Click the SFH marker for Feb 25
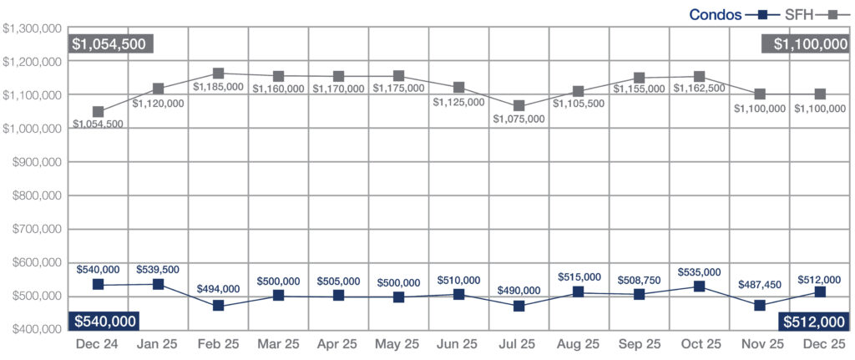pos(218,74)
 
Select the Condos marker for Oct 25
pos(699,286)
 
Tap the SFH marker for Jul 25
pos(519,106)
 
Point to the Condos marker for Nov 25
pos(759,306)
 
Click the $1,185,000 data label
pos(218,86)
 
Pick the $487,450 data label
pos(759,285)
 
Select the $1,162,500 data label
pos(699,88)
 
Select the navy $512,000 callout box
pos(813,322)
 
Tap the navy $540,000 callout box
pos(104,322)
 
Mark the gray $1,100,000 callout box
pos(805,44)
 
